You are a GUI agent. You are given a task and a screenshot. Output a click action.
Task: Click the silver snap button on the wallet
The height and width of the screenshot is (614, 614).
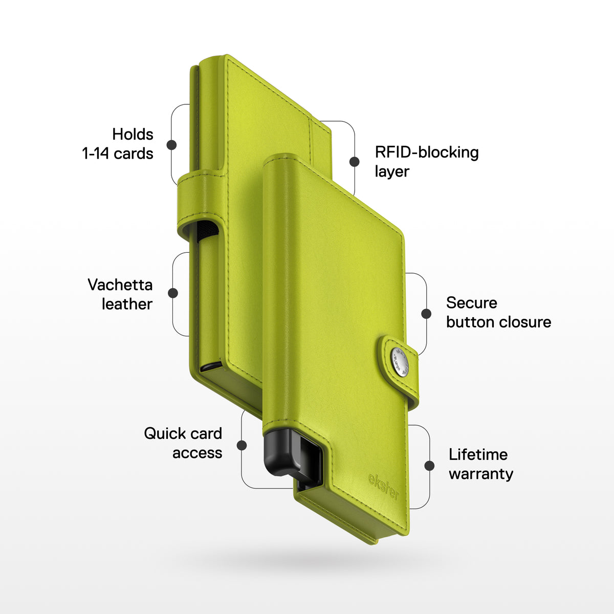[x=400, y=362]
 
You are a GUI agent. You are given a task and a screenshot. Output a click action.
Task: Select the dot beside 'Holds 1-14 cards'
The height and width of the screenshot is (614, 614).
[x=171, y=145]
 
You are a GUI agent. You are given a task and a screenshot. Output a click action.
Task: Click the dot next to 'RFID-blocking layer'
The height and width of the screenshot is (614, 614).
[x=354, y=162]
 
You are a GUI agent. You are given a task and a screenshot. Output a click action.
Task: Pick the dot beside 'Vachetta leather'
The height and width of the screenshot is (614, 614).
[x=173, y=293]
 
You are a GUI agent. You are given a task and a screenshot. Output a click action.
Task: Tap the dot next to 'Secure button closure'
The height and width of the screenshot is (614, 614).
[x=426, y=314]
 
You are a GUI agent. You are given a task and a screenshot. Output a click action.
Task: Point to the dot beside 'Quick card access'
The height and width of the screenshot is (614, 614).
[x=242, y=445]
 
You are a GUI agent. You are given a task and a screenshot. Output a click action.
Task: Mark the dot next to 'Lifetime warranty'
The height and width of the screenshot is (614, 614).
[x=429, y=466]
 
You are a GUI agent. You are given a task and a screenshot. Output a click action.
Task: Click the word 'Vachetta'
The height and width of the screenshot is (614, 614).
[x=120, y=284]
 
